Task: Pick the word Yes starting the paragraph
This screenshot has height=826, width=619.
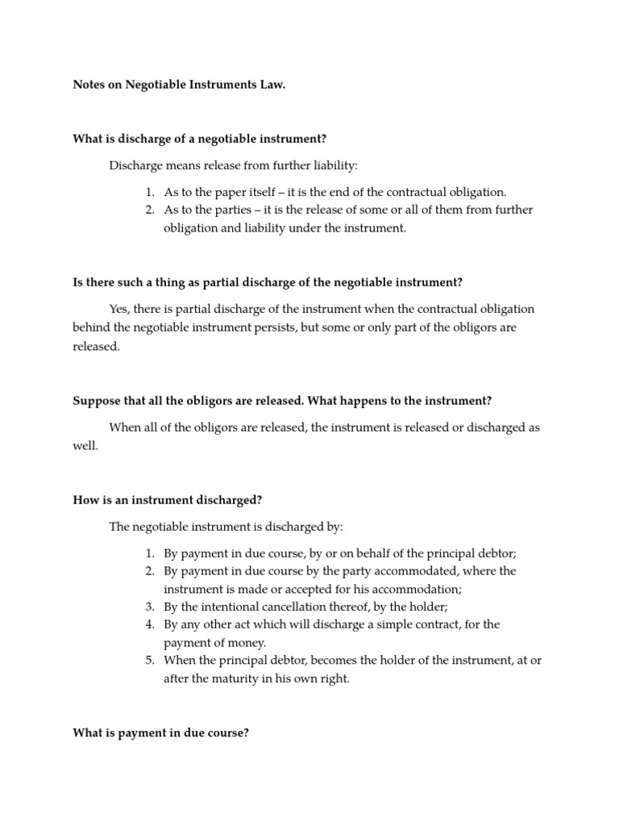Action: [119, 309]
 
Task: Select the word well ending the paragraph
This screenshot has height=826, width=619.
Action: [85, 445]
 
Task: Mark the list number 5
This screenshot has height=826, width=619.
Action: [150, 660]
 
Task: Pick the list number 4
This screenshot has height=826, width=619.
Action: [150, 624]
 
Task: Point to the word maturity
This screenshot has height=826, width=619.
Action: [233, 678]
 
